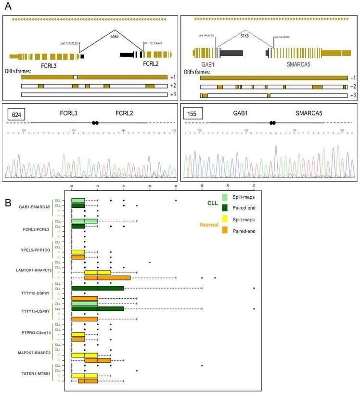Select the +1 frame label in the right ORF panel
(x=352, y=77)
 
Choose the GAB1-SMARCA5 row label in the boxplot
(x=35, y=207)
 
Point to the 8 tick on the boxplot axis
(x=176, y=186)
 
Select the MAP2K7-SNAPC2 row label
(x=35, y=352)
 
